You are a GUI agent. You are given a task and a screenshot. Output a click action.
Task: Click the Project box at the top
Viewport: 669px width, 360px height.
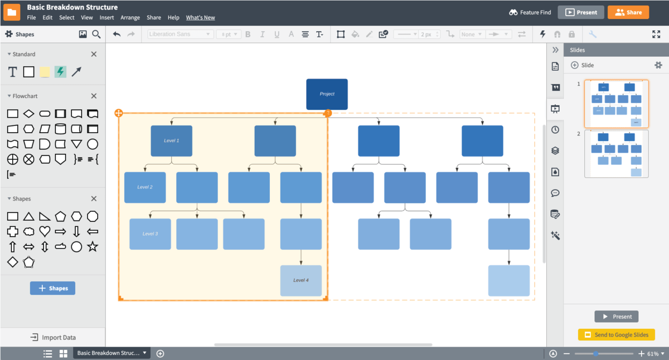point(327,94)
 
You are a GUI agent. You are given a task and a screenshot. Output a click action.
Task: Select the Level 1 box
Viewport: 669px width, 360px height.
point(171,141)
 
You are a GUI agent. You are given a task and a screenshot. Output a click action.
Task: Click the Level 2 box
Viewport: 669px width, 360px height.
point(145,187)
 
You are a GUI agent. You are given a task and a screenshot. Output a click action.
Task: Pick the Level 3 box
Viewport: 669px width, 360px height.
point(150,234)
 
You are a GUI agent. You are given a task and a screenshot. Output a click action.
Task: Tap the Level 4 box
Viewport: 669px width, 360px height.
point(300,280)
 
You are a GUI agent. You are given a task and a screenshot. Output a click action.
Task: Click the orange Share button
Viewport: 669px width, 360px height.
point(628,12)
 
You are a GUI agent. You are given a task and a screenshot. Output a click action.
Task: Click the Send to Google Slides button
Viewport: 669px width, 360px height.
point(616,334)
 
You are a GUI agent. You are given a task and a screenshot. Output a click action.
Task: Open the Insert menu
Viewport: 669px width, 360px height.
point(106,17)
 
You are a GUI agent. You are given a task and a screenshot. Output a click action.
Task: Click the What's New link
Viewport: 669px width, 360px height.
point(200,17)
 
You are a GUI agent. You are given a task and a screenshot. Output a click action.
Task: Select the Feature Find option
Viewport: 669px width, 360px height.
point(530,12)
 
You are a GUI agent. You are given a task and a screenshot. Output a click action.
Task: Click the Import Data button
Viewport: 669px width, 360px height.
point(53,337)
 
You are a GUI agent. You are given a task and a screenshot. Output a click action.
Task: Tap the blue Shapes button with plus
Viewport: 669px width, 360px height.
point(52,288)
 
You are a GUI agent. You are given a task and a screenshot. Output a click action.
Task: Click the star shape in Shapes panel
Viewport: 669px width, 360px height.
point(93,246)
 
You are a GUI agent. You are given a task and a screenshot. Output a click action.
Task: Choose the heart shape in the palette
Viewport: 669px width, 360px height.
point(45,231)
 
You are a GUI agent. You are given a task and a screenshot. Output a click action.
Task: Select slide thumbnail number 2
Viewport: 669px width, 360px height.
point(616,154)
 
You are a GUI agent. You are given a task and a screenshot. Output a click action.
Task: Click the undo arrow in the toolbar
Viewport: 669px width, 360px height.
point(117,34)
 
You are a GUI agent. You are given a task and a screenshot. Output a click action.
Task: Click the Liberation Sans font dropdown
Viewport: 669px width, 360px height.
point(180,34)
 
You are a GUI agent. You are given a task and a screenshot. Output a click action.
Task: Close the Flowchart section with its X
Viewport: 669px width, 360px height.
point(94,96)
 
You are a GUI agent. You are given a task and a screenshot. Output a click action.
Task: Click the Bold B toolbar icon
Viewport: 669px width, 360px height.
point(248,34)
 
